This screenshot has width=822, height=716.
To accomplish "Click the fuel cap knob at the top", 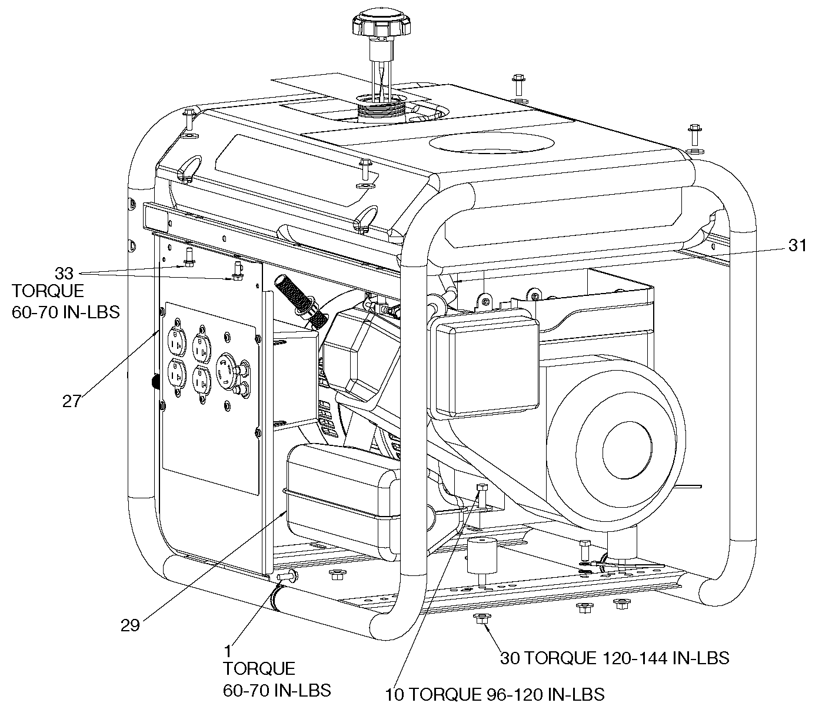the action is click(x=381, y=24).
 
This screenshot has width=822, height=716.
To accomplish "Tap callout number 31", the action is click(x=797, y=245).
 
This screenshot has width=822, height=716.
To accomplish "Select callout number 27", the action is click(x=72, y=401).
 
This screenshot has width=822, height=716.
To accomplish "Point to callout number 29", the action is click(x=130, y=625).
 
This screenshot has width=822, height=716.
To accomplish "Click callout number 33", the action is click(x=64, y=274).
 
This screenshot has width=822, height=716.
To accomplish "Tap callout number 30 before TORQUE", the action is click(x=510, y=658).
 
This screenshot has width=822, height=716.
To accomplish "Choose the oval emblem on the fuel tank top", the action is click(x=492, y=144).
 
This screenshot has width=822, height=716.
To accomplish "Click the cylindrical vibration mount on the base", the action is click(x=482, y=555).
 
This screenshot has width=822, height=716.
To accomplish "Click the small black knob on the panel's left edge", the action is click(x=155, y=382).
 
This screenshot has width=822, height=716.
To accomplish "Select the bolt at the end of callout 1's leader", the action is click(x=287, y=576).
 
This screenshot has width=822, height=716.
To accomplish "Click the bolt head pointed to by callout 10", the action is click(x=482, y=488).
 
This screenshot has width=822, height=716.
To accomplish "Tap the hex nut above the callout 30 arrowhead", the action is click(x=481, y=618).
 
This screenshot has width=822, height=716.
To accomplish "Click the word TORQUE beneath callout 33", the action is click(x=48, y=291).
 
